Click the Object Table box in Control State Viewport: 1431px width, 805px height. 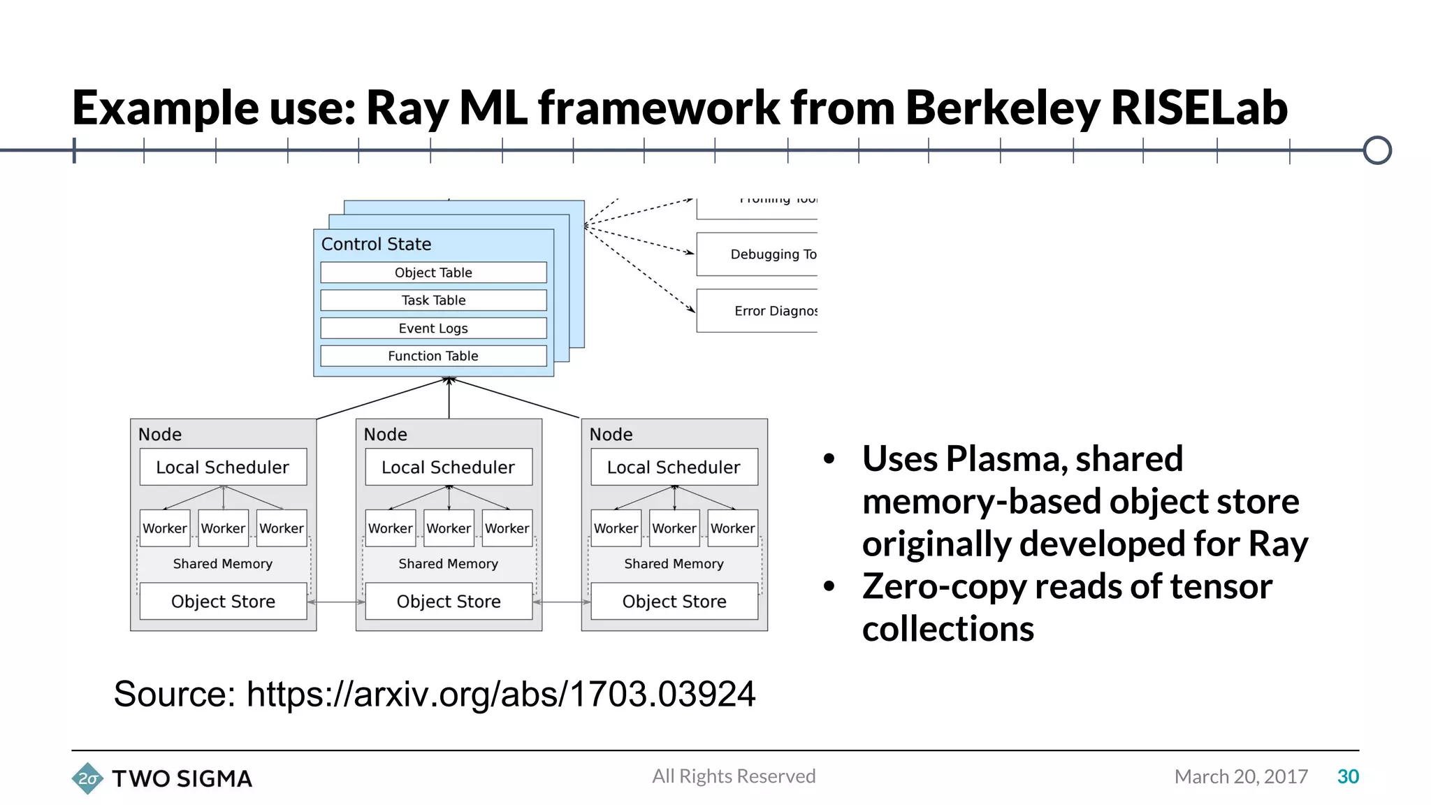click(433, 273)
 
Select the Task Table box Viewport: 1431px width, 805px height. click(433, 300)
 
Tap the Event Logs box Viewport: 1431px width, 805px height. click(433, 328)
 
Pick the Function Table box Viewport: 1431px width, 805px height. click(433, 356)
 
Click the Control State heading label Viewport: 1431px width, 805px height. click(376, 245)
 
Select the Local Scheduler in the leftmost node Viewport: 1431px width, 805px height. click(223, 467)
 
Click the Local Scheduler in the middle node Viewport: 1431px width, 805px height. click(449, 467)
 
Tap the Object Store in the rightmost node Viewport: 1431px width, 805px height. click(674, 601)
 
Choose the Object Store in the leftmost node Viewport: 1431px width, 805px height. click(223, 601)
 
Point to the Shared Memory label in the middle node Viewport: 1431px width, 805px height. click(449, 563)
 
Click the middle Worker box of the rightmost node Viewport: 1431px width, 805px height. click(674, 528)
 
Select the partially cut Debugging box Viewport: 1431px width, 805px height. click(757, 254)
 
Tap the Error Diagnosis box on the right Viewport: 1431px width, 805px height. click(757, 311)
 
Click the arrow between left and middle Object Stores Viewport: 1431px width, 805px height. click(336, 602)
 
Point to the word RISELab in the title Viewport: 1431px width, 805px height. click(1198, 108)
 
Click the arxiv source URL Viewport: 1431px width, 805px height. click(500, 694)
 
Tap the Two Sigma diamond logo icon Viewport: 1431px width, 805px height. click(87, 778)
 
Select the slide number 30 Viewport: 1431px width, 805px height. click(1348, 776)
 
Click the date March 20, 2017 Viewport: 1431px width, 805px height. click(1241, 776)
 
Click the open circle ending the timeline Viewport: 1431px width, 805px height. click(1377, 150)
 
